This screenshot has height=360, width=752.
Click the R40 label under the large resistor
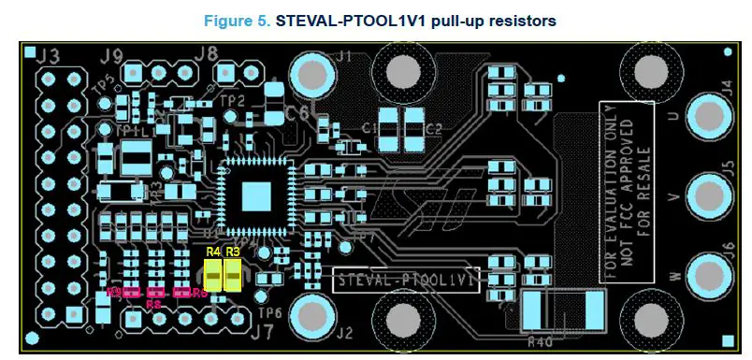tap(541, 340)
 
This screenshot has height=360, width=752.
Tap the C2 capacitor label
tap(432, 128)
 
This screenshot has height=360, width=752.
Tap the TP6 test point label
tap(269, 312)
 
